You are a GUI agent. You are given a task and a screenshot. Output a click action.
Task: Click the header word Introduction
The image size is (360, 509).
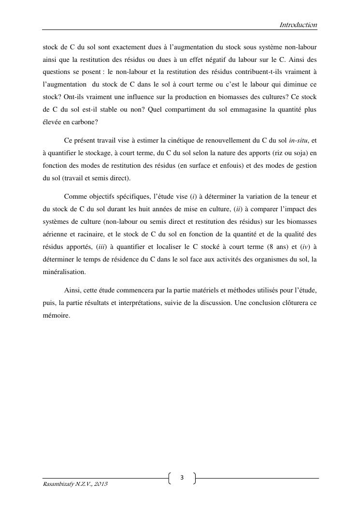[x=298, y=25]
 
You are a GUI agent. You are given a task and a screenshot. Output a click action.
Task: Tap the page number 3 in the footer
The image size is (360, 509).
[x=182, y=478]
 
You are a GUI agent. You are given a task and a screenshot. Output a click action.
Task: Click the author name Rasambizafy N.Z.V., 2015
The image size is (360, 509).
[x=75, y=484]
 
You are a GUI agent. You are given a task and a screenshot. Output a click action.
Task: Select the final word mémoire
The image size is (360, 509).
[x=57, y=316]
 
